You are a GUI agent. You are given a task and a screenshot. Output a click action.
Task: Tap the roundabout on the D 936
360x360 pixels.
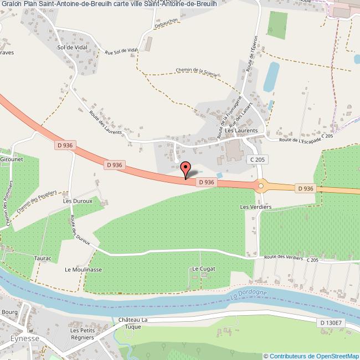pos(261,186)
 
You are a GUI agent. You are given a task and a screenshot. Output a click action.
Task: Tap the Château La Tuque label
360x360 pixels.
pos(133,324)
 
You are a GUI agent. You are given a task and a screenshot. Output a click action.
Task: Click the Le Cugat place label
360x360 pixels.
pos(203,269)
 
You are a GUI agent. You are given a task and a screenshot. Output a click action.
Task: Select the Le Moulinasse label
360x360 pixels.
pos(83,270)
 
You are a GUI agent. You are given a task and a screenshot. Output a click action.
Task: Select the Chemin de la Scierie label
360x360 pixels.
pos(196,73)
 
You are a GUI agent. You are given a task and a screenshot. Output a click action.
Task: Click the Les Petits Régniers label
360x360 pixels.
pos(81,335)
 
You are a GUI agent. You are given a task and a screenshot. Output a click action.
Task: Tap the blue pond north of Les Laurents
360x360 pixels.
pos(271,77)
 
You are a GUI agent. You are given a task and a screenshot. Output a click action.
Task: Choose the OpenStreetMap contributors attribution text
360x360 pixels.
pos(311,356)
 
